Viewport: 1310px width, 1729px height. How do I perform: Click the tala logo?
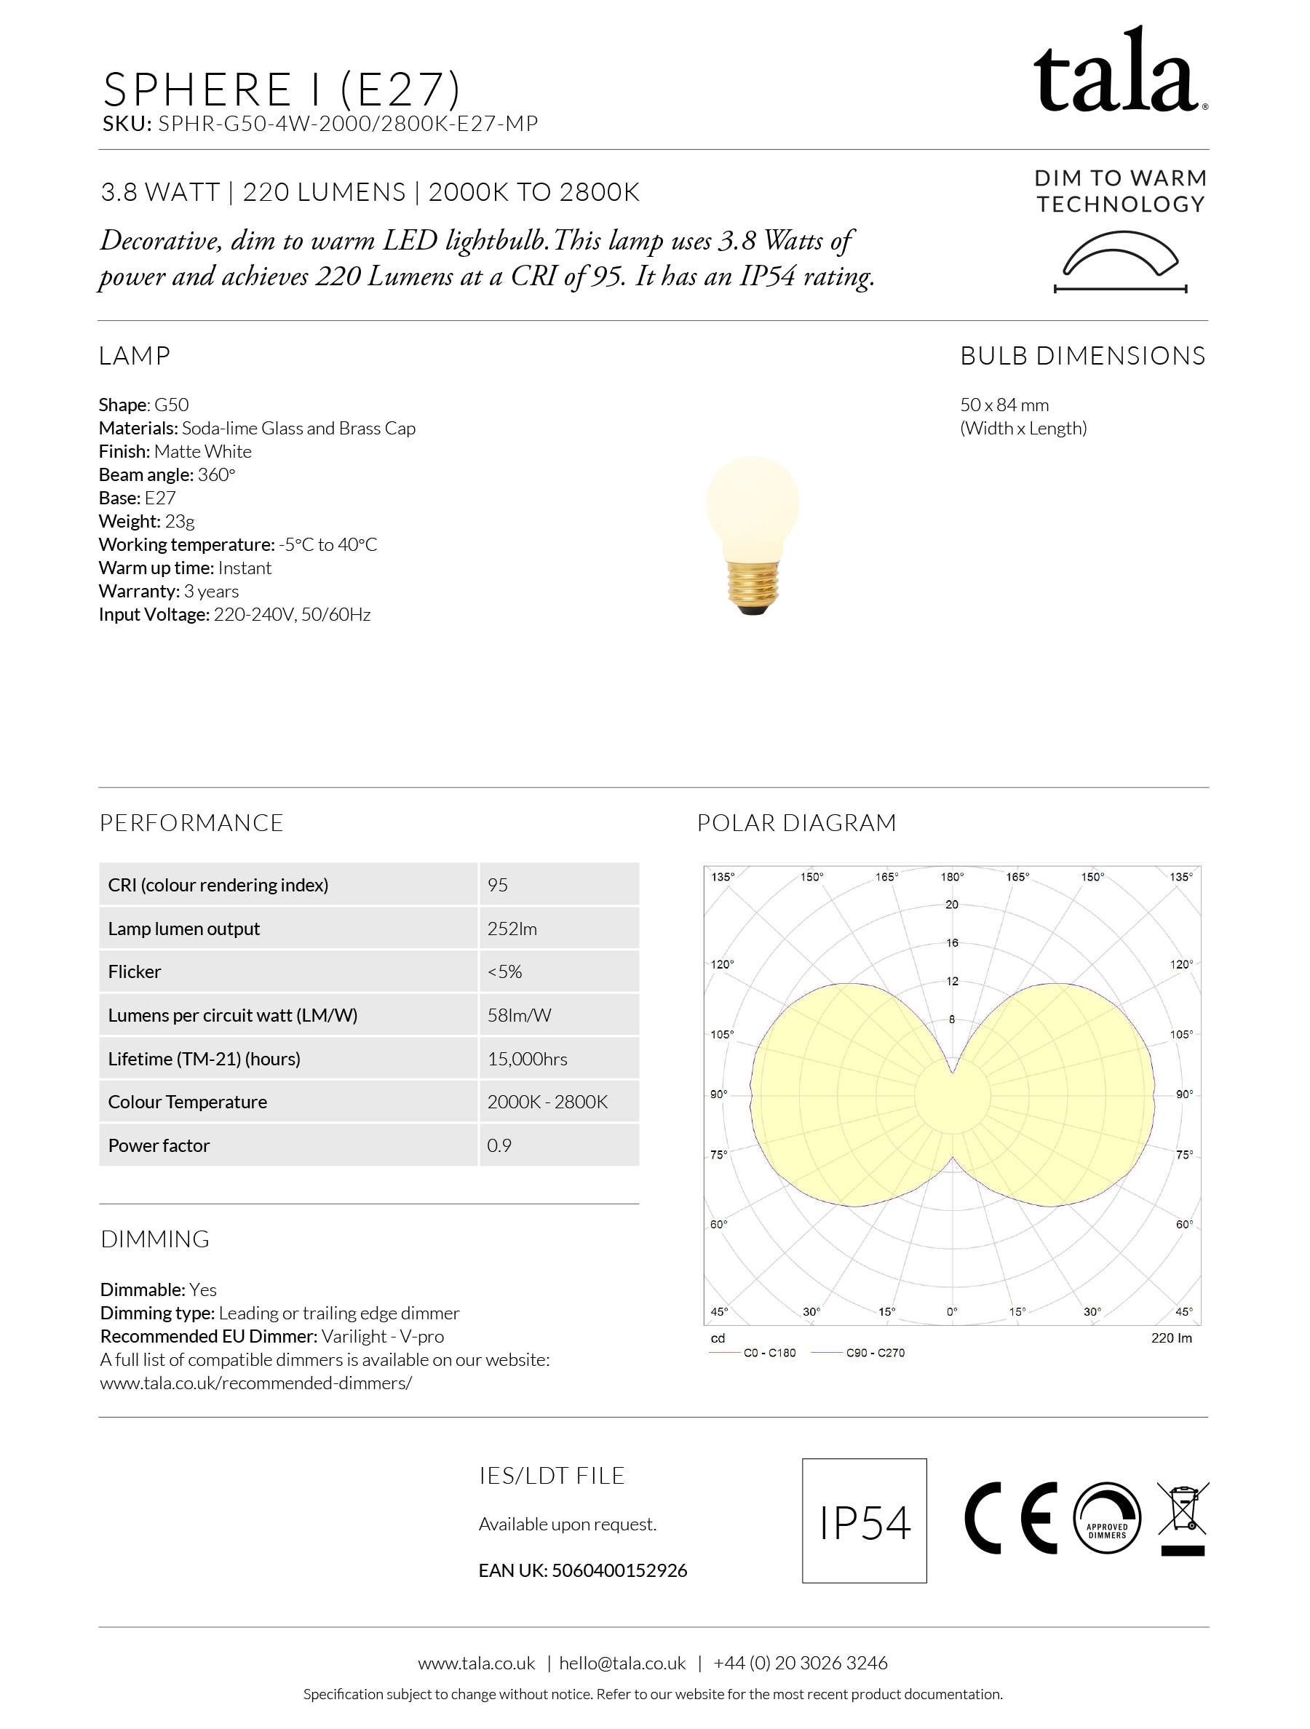pos(1119,72)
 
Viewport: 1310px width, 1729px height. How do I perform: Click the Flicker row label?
pos(135,971)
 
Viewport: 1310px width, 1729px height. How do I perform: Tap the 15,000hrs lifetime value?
pos(527,1059)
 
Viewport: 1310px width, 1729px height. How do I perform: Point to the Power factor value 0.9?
pos(499,1146)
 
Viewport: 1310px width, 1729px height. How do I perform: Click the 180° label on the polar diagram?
pos(951,877)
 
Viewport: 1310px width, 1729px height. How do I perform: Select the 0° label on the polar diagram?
pos(951,1311)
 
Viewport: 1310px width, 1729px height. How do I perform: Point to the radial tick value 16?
pos(951,942)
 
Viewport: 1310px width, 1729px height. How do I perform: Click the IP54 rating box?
pos(864,1520)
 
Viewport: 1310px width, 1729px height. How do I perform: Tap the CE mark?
pos(1010,1518)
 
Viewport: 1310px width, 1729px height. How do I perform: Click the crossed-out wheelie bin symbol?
pos(1183,1518)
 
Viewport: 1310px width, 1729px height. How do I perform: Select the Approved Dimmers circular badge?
pos(1107,1518)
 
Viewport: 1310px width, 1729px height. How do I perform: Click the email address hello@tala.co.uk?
pos(622,1664)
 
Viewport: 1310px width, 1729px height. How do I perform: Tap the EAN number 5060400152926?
pos(619,1570)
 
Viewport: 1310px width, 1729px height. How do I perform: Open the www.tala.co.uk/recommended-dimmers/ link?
pos(255,1383)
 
